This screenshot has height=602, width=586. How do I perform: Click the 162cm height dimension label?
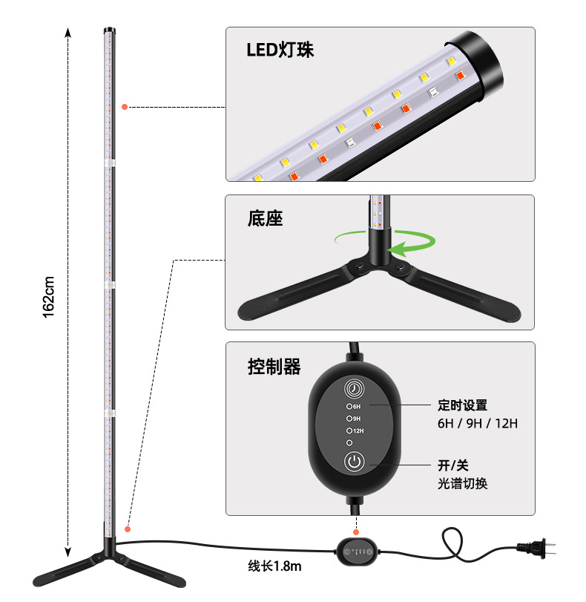click(49, 297)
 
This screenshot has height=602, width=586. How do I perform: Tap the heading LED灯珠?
click(280, 50)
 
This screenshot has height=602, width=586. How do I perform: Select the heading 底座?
click(265, 219)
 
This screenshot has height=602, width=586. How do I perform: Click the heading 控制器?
click(274, 366)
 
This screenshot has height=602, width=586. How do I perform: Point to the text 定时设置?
click(462, 405)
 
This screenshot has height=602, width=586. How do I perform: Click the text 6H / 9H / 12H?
click(477, 423)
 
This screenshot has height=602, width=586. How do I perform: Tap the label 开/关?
click(453, 466)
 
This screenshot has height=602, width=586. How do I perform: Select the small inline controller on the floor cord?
click(357, 551)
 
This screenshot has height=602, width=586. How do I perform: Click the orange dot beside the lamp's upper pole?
click(125, 107)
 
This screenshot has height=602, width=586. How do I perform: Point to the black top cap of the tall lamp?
click(108, 32)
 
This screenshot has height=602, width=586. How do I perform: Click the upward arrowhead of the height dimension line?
click(68, 33)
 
